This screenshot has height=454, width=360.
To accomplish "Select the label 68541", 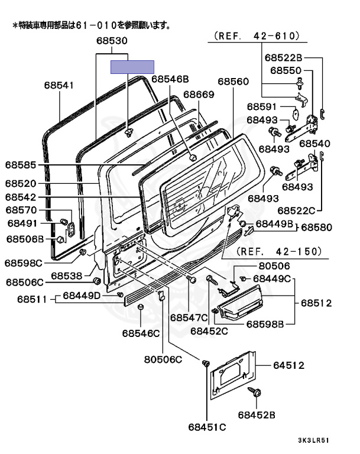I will click(x=59, y=85).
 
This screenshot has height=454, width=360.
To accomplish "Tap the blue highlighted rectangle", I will click(x=132, y=66).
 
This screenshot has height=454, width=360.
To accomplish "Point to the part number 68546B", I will click(x=170, y=79).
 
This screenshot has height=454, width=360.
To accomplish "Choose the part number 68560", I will click(x=233, y=81).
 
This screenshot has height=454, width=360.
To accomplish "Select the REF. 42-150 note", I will click(x=280, y=251).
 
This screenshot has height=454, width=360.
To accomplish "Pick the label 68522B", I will click(x=283, y=58).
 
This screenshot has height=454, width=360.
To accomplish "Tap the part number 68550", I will click(x=286, y=70).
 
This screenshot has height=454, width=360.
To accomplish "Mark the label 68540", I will click(x=315, y=144).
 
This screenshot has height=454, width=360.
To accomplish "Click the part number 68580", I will click(x=317, y=227).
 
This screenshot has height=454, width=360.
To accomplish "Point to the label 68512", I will click(x=316, y=303).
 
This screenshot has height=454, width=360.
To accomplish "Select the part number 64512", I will click(x=288, y=366).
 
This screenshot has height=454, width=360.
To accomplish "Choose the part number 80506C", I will click(x=163, y=359).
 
